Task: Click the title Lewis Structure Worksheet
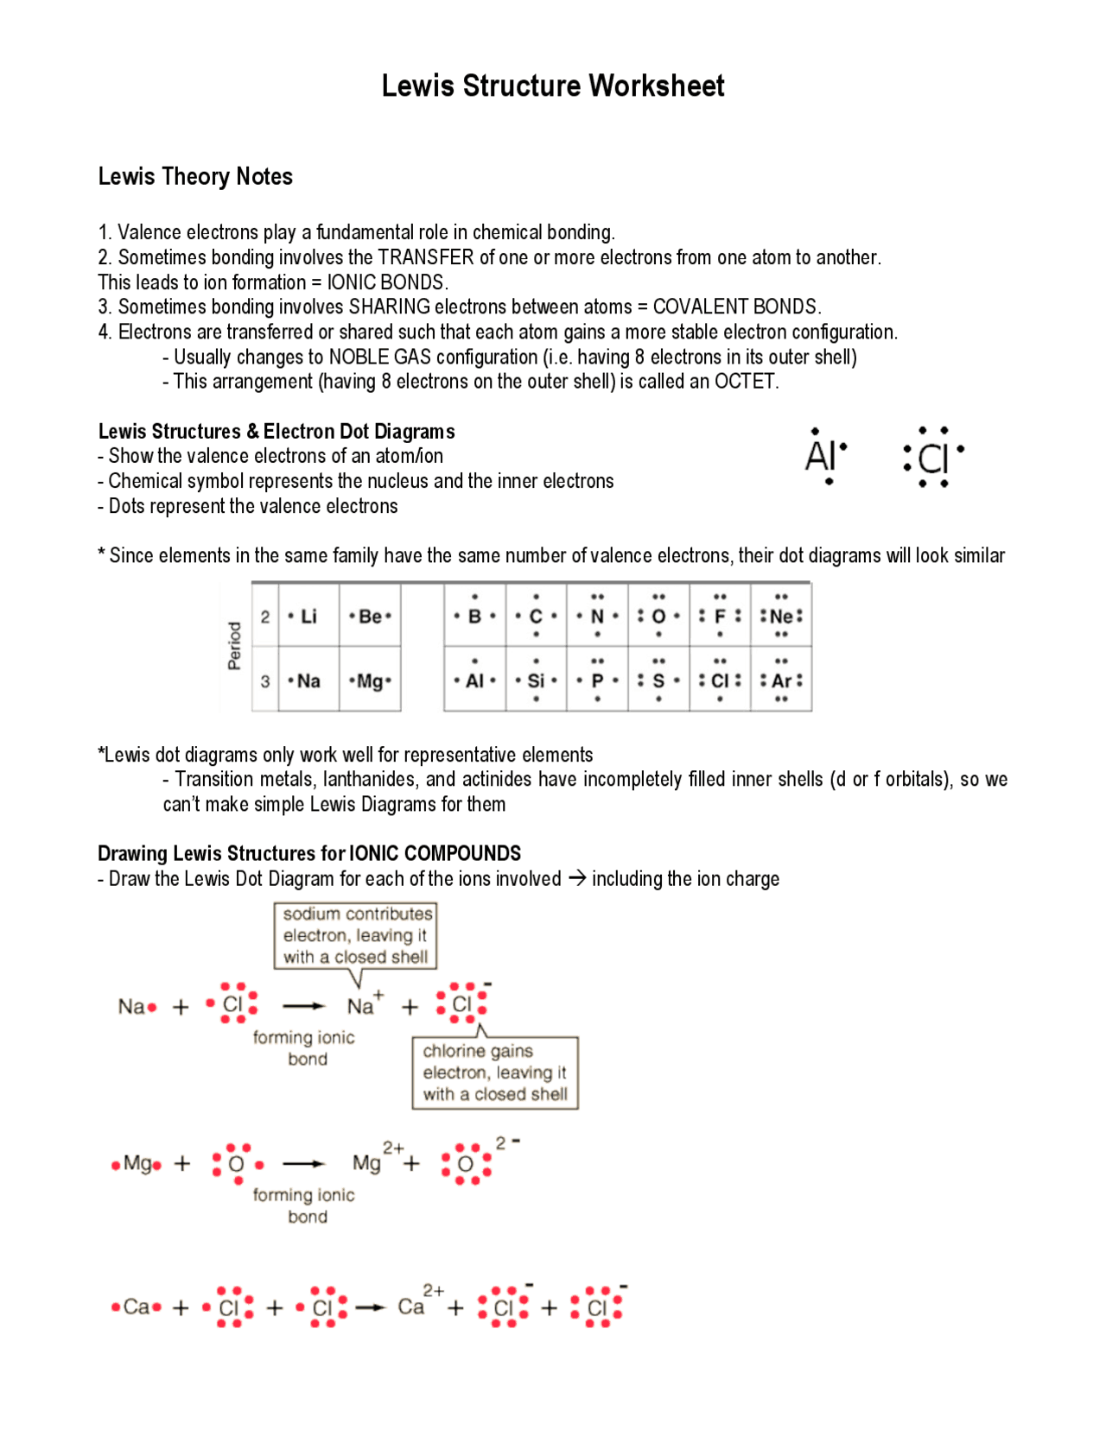coord(553,85)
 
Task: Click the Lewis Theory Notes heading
coord(195,176)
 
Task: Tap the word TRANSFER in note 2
coord(425,257)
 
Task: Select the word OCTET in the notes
coord(745,382)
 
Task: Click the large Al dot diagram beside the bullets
coord(825,455)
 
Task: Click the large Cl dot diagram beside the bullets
coord(932,457)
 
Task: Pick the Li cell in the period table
coord(308,616)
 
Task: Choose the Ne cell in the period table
coord(781,616)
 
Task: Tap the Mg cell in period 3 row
coord(370,680)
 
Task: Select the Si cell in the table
coord(536,680)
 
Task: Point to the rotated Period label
coord(234,645)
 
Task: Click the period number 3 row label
coord(265,680)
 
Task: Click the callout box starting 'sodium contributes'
coord(355,935)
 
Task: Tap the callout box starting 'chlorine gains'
coord(494,1072)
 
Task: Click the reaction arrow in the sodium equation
coord(303,1006)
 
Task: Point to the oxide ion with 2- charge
coord(471,1161)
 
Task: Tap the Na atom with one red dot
coord(137,1007)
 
